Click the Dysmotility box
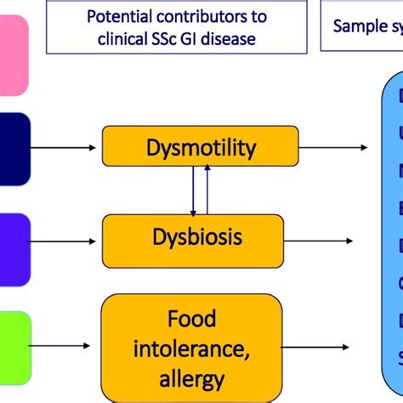200,145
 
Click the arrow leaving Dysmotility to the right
333,147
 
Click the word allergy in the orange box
192,378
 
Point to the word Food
192,319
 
